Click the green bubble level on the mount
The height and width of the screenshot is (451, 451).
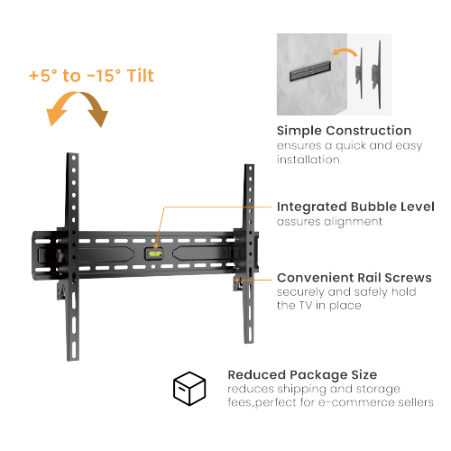pyautogui.click(x=156, y=253)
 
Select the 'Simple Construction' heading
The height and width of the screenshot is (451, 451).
pyautogui.click(x=344, y=131)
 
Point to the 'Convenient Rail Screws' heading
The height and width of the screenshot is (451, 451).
pyautogui.click(x=354, y=278)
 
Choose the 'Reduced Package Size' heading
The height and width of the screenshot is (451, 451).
pyautogui.click(x=302, y=373)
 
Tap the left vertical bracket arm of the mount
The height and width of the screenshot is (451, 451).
pyautogui.click(x=74, y=262)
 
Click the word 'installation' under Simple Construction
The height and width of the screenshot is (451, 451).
pyautogui.click(x=308, y=160)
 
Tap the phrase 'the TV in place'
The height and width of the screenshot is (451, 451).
pyautogui.click(x=320, y=306)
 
